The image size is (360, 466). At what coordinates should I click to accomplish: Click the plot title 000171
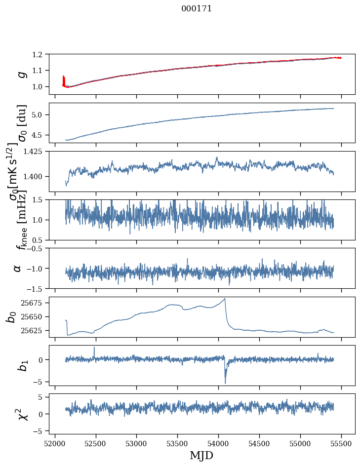tap(197, 8)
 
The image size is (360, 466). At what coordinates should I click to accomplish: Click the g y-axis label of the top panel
tap(21, 74)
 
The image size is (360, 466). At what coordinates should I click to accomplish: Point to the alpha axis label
tap(18, 268)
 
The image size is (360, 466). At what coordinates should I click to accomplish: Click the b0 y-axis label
tap(11, 316)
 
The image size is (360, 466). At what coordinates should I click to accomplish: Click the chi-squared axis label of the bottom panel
tap(22, 414)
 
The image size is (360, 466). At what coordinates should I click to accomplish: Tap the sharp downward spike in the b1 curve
tap(225, 383)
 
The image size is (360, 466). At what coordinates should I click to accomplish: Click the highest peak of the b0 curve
tap(225, 298)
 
